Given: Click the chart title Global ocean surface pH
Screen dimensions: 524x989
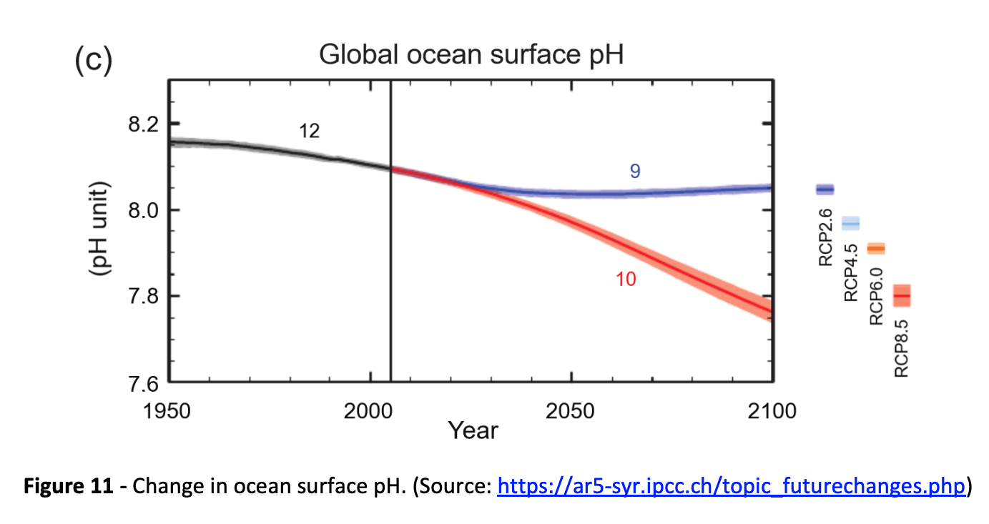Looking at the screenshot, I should (x=471, y=55).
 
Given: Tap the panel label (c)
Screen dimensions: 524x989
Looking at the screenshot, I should (x=93, y=60).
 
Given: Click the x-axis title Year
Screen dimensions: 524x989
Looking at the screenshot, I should (x=473, y=430).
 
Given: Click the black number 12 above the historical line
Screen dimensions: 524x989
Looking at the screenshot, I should (x=309, y=132).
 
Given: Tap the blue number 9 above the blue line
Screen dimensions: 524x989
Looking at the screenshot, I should (x=634, y=171).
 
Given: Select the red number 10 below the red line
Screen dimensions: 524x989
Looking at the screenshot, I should (x=626, y=280).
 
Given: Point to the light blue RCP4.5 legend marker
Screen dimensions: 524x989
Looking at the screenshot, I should (x=850, y=224).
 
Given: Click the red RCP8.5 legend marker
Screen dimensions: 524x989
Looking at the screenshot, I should (x=901, y=295).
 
